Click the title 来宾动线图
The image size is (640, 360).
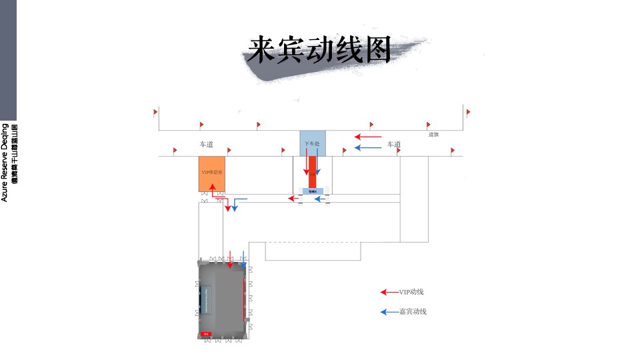(x=319, y=51)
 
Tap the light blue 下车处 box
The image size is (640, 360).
(x=312, y=143)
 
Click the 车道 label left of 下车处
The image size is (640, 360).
(x=206, y=144)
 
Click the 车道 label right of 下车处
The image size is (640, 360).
(x=394, y=144)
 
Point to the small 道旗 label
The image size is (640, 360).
(x=433, y=134)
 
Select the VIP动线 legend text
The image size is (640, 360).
(x=411, y=292)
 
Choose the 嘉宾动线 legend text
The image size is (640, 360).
(x=413, y=311)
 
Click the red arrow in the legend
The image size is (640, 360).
(x=389, y=292)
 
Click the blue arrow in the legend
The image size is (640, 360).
(x=389, y=311)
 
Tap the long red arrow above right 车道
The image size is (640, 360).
(x=367, y=137)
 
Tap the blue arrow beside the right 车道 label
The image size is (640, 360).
(x=367, y=147)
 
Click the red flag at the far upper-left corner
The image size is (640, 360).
(x=155, y=112)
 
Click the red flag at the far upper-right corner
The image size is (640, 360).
(x=468, y=112)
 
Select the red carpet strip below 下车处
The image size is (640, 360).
(x=312, y=177)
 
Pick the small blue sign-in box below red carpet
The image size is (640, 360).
(x=313, y=191)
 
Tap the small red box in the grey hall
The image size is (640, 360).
(x=206, y=333)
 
